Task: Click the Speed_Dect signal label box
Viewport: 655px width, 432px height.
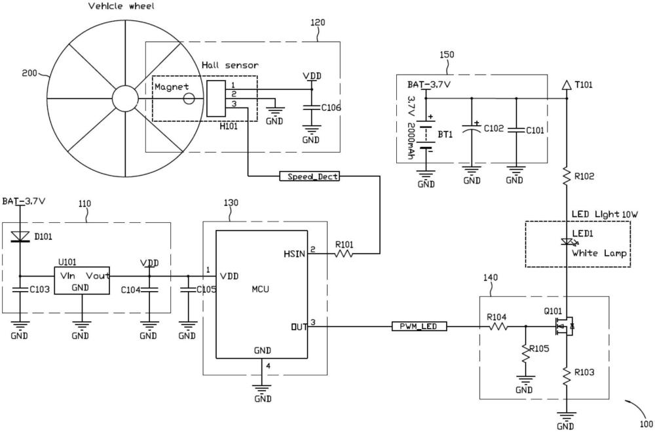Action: pos(310,176)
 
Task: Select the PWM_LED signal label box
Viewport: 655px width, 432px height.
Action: pos(419,326)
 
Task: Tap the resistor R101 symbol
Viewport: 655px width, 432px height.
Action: pos(343,253)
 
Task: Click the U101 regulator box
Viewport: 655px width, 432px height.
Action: pos(82,281)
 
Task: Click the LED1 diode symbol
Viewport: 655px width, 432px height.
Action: pos(568,242)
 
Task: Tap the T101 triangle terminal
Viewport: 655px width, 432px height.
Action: pos(567,85)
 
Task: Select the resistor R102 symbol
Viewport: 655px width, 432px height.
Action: pos(567,176)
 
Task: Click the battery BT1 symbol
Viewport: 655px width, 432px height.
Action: pos(426,135)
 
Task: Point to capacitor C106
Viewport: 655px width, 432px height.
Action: pos(310,108)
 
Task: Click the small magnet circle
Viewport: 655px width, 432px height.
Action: pos(189,99)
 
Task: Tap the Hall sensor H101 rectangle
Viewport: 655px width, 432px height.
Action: pos(216,99)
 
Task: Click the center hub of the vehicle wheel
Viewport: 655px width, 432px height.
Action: pos(124,99)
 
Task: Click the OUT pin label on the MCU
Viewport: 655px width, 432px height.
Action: pos(299,326)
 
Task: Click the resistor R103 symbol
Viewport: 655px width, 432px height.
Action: pos(567,376)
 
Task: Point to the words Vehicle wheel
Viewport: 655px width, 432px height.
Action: pos(121,7)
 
